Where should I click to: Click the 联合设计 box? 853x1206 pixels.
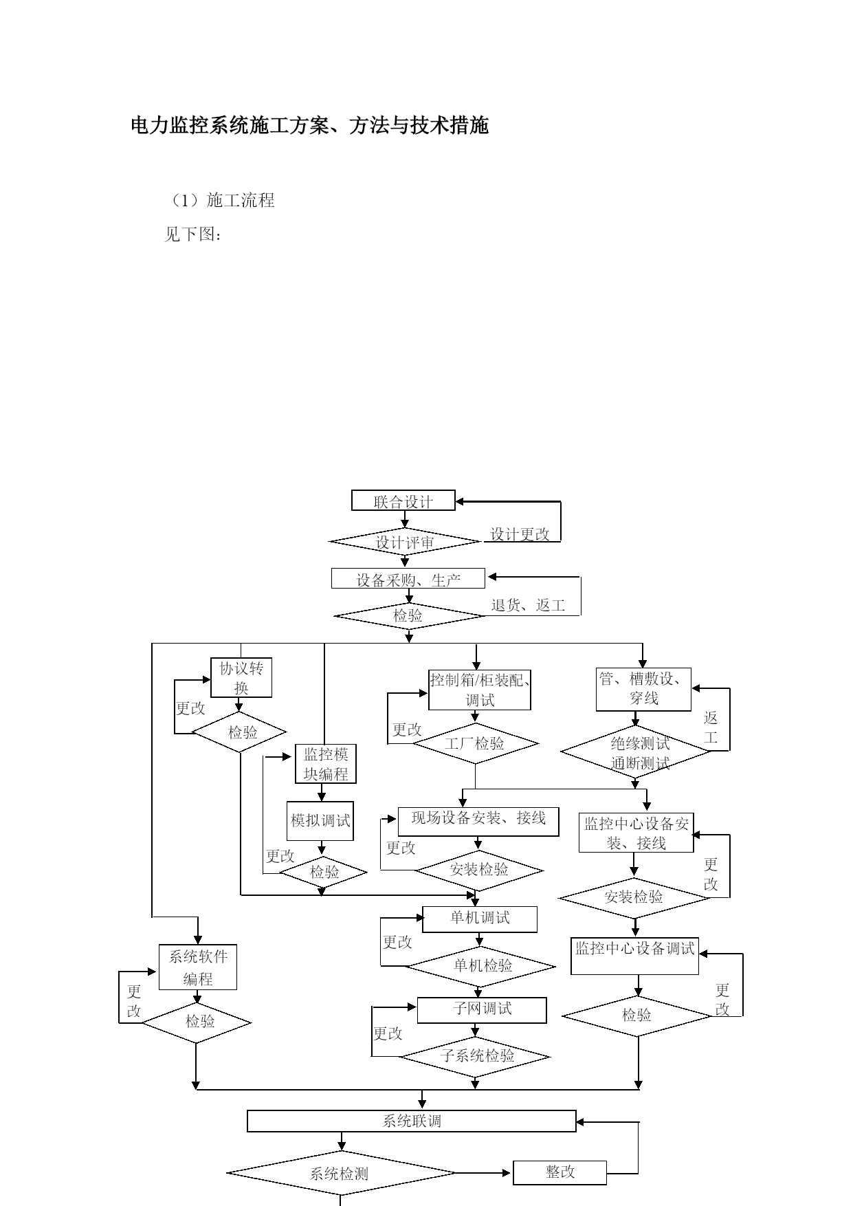tap(403, 501)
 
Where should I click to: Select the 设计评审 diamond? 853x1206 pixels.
tap(405, 542)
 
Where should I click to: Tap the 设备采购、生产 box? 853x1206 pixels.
tap(408, 579)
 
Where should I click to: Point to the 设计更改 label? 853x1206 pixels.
tap(520, 534)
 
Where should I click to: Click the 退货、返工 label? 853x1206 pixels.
tap(528, 605)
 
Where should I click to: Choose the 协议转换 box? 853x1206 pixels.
tap(241, 678)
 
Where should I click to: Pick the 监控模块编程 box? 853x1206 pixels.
tap(326, 764)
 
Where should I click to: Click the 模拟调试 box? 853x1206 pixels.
tap(320, 821)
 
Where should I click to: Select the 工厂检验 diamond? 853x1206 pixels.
tap(475, 744)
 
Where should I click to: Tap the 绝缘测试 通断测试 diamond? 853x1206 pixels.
tap(636, 752)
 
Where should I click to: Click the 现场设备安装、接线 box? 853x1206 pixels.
tap(478, 822)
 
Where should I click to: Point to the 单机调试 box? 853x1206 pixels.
tap(480, 919)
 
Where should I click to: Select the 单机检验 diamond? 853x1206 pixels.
tap(480, 966)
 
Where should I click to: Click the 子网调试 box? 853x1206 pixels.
tap(482, 1010)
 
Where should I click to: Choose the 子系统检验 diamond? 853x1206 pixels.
tap(476, 1056)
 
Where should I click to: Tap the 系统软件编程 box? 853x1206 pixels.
tap(198, 967)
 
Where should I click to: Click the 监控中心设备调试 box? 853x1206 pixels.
tap(634, 956)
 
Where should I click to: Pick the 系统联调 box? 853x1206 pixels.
tap(412, 1121)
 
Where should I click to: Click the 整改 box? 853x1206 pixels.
tap(560, 1172)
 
